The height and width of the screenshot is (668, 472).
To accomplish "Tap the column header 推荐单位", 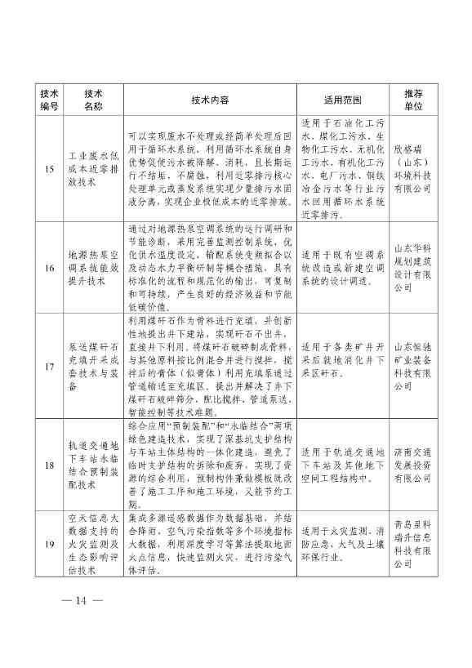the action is click(413, 100).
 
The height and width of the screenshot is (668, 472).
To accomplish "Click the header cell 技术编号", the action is click(50, 100).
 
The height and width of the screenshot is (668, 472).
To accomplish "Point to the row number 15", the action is click(50, 169).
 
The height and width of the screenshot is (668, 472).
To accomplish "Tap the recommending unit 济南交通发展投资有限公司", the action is click(413, 465).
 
